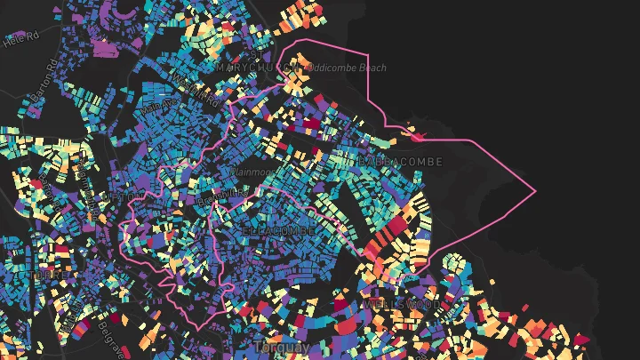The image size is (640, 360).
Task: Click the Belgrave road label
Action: [111, 338]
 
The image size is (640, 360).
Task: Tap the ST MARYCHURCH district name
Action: [253, 67]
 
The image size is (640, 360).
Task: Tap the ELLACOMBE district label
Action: [278, 230]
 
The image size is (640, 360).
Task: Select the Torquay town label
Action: [282, 346]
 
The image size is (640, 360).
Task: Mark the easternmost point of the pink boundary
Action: [536, 191]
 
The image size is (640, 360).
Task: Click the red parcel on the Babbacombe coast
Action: [416, 136]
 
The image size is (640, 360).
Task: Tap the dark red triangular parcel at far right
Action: [582, 339]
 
